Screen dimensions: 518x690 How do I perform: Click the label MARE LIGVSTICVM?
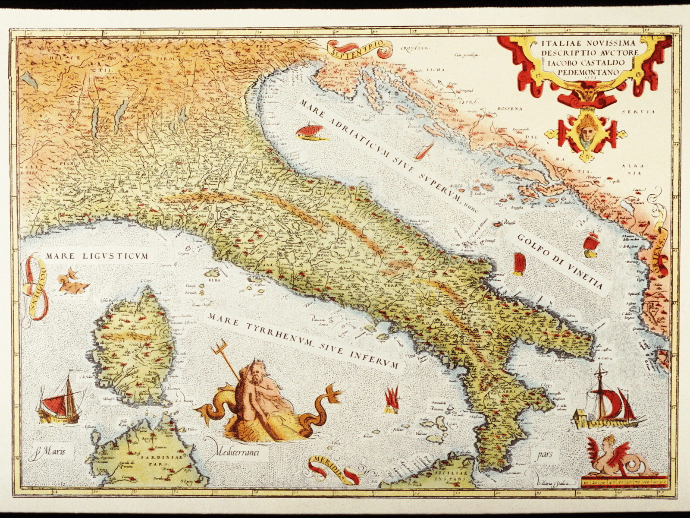[97, 256]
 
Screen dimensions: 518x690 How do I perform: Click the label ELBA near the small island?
[214, 280]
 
